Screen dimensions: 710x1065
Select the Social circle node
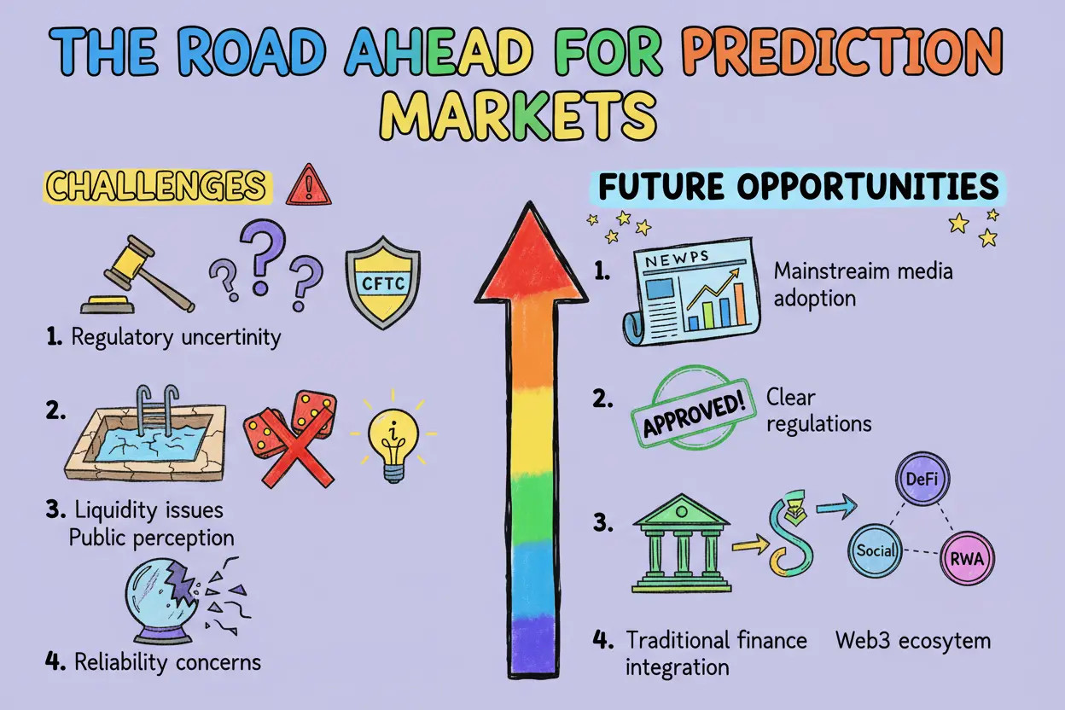pos(876,550)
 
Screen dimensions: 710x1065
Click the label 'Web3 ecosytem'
pos(913,640)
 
